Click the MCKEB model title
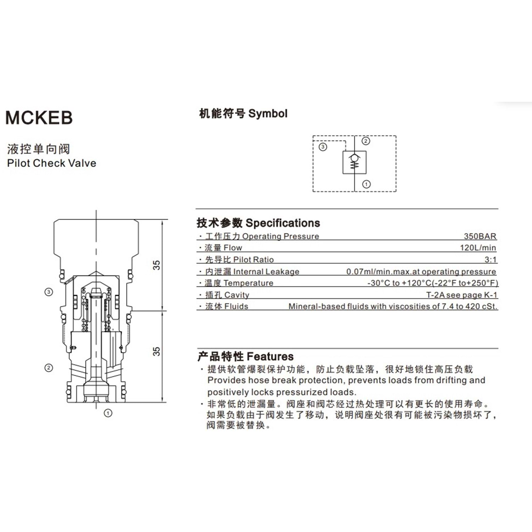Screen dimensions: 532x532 click(39, 118)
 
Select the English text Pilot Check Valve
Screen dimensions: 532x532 click(52, 163)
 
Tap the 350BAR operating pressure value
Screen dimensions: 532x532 click(480, 236)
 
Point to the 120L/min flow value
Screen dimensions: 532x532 click(478, 248)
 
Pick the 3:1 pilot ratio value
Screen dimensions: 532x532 click(491, 260)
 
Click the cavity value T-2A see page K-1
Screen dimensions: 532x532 click(461, 295)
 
